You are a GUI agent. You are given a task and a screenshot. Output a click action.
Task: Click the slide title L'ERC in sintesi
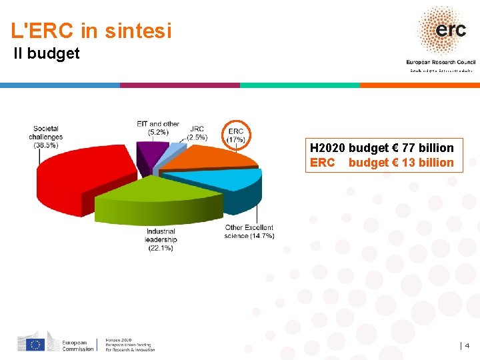point(91,31)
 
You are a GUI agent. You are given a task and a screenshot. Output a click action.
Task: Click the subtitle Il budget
point(47,53)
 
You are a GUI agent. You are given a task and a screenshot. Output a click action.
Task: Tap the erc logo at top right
point(441,30)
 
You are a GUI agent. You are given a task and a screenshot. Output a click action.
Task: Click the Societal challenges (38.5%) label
point(45,137)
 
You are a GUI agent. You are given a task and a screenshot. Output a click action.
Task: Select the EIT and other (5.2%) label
point(158,128)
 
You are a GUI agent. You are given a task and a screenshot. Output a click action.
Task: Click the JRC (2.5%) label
point(197,133)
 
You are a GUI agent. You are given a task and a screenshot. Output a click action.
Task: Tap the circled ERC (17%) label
point(236,135)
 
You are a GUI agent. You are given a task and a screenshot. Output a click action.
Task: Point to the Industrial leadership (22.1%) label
point(161,240)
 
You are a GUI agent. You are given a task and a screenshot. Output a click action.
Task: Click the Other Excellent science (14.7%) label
point(249,232)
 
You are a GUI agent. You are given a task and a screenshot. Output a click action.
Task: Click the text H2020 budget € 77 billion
point(382,148)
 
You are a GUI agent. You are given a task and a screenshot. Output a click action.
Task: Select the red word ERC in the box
point(323,163)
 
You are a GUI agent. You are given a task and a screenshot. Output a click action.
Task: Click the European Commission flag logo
point(35,344)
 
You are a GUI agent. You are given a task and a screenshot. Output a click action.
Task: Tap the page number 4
point(467,345)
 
